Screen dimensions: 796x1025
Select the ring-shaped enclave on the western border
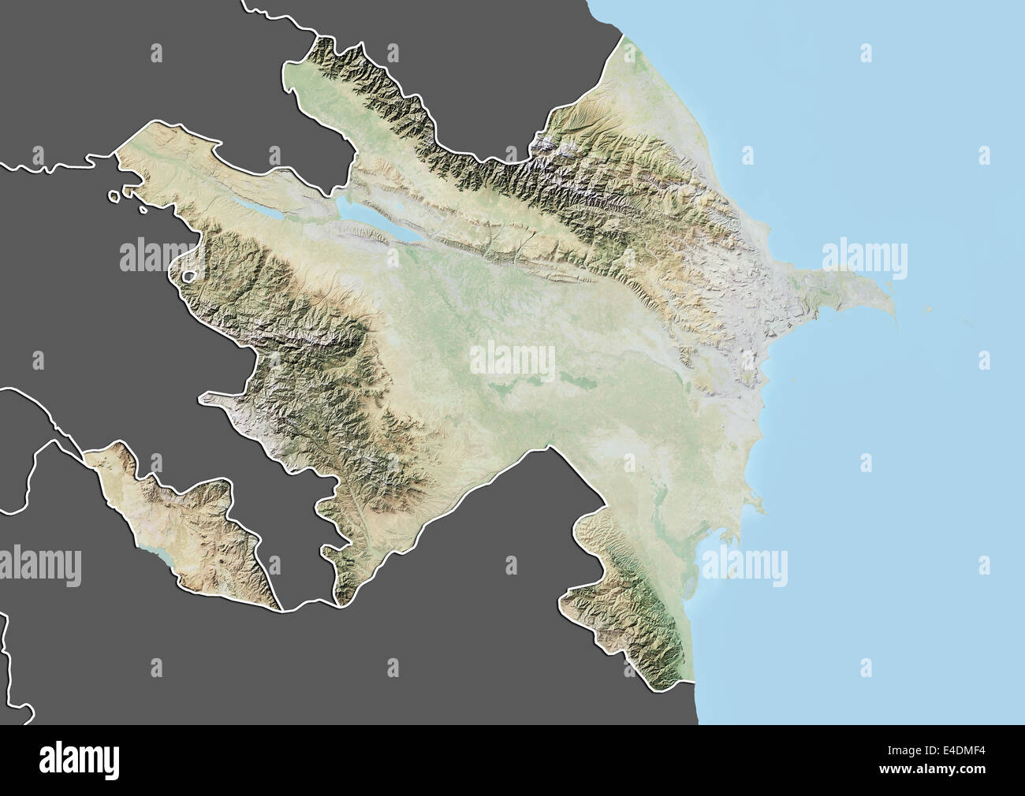click(x=188, y=276)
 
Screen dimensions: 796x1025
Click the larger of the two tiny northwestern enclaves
click(x=117, y=196)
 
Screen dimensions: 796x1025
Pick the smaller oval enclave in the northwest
click(x=143, y=209)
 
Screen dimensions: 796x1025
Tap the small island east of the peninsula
click(x=927, y=310)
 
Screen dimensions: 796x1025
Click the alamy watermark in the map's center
click(x=512, y=359)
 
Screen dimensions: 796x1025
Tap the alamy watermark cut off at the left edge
click(x=39, y=566)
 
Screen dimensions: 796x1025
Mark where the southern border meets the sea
click(x=697, y=683)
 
